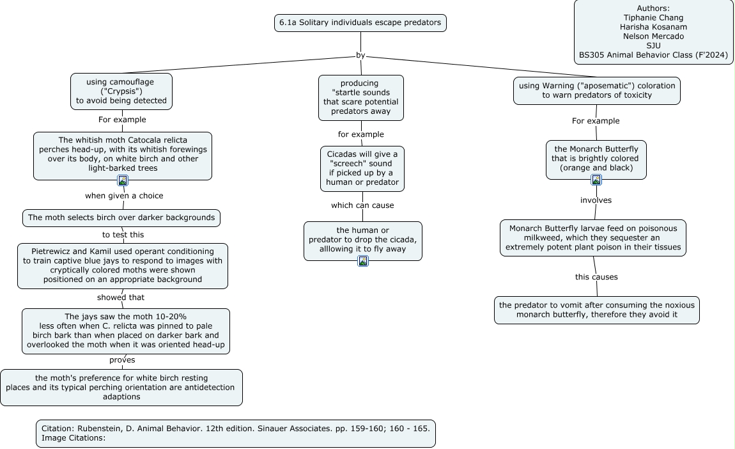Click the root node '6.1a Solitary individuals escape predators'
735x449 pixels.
coord(360,23)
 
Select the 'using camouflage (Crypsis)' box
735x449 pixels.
coord(121,91)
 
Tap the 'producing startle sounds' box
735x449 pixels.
coord(361,98)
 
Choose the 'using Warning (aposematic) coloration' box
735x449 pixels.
coord(597,91)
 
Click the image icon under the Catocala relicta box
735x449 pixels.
coord(123,180)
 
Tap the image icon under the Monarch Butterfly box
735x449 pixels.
coord(596,180)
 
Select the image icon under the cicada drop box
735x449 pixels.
coord(363,261)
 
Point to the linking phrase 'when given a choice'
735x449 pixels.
coord(124,196)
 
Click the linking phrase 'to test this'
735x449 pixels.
coord(123,235)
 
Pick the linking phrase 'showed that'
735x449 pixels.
coord(121,297)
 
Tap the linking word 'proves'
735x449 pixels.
coord(122,360)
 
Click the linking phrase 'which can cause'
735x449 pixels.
coord(363,205)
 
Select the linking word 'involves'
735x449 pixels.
coord(596,200)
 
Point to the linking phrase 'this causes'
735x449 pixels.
coord(596,277)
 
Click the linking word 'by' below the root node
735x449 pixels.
coord(360,55)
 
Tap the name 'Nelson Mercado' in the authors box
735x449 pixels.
coord(653,36)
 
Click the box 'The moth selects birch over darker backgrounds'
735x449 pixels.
coord(121,217)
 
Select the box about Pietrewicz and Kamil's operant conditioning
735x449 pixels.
coord(123,265)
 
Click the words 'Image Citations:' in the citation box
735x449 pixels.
coord(73,437)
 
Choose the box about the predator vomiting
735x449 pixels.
coord(597,310)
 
